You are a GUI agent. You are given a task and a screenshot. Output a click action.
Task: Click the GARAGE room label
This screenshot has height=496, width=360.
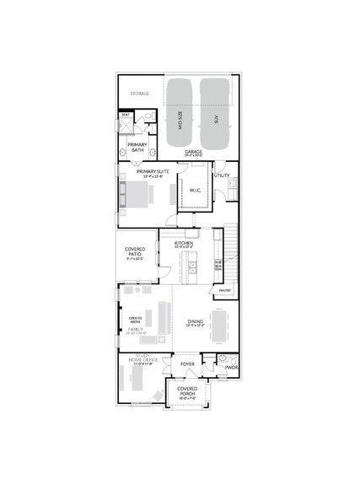(194, 152)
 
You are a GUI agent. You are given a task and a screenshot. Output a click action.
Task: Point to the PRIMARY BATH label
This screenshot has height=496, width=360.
(137, 148)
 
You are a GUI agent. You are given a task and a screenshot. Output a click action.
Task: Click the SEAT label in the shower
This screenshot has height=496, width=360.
(125, 113)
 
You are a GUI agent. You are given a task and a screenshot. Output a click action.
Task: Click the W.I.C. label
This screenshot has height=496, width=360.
(195, 191)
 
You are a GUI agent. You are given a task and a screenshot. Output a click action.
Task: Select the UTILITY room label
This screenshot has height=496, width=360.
(222, 175)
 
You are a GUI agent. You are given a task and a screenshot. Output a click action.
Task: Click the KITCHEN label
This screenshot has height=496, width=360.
(184, 243)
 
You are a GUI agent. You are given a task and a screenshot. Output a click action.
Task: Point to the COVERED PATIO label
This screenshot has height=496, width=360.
(135, 251)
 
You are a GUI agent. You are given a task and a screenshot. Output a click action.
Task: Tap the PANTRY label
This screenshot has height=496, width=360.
(225, 290)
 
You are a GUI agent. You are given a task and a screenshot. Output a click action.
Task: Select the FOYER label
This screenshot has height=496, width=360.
(187, 364)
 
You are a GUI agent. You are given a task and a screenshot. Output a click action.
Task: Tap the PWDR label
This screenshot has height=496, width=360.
(231, 368)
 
